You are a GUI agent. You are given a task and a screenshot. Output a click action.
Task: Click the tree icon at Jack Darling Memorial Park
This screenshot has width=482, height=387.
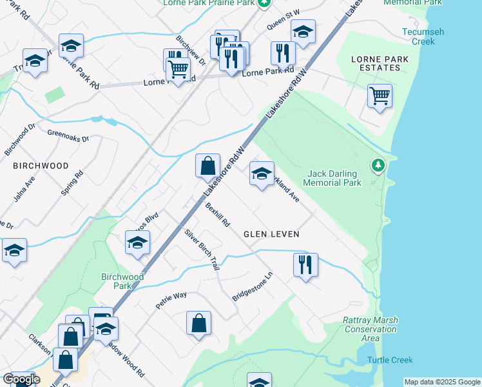[x=378, y=166]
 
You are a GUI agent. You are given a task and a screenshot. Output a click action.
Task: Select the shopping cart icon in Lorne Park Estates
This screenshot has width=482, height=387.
[x=380, y=97]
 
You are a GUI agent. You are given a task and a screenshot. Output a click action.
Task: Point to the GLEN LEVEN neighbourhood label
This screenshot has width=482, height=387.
[x=271, y=234]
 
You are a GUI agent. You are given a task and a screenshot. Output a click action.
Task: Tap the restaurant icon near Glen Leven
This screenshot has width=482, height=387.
[x=305, y=264]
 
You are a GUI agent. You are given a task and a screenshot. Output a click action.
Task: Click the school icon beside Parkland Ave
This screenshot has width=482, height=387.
[x=262, y=174]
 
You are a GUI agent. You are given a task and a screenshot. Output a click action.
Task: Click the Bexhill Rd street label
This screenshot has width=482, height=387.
[x=218, y=215]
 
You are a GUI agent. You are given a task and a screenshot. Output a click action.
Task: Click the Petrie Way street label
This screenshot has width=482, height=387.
[x=171, y=300]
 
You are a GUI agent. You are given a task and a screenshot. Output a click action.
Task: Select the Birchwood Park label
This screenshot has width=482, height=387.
[x=122, y=281]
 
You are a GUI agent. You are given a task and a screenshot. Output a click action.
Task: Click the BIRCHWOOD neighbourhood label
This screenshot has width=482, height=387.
[x=41, y=166]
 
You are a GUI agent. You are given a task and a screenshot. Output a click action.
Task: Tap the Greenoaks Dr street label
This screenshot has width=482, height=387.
[x=68, y=135]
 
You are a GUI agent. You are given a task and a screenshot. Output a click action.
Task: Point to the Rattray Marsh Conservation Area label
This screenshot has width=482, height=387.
[x=371, y=329]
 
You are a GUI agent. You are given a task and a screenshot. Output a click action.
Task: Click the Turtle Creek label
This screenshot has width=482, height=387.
[x=390, y=360]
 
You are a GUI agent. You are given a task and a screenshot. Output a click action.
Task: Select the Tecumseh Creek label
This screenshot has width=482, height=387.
[x=419, y=37]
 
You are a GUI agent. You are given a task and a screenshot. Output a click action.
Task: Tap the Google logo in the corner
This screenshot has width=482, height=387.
[x=21, y=379]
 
